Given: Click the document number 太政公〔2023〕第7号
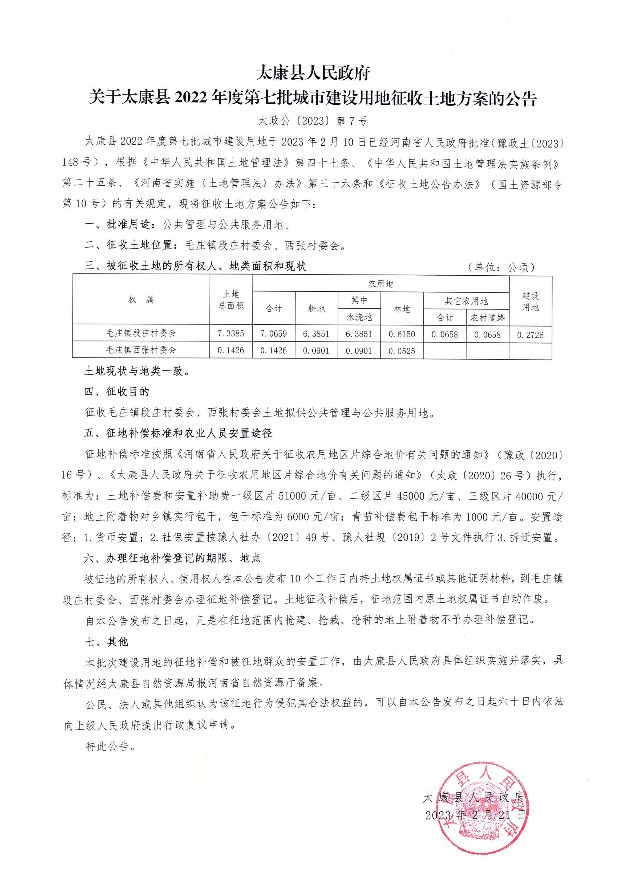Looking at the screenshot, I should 313,121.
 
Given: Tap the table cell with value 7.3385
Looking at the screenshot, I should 231,333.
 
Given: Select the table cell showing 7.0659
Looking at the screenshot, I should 273,333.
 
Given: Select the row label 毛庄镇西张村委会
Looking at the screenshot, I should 141,350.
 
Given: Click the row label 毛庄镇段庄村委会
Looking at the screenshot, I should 141,333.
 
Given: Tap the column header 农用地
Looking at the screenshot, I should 381,284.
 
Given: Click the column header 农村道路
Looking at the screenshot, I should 487,318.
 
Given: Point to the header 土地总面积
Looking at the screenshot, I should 231,300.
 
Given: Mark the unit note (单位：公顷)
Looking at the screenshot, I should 501,267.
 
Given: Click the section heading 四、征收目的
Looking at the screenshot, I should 117,392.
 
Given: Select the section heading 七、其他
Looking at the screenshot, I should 106,642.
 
